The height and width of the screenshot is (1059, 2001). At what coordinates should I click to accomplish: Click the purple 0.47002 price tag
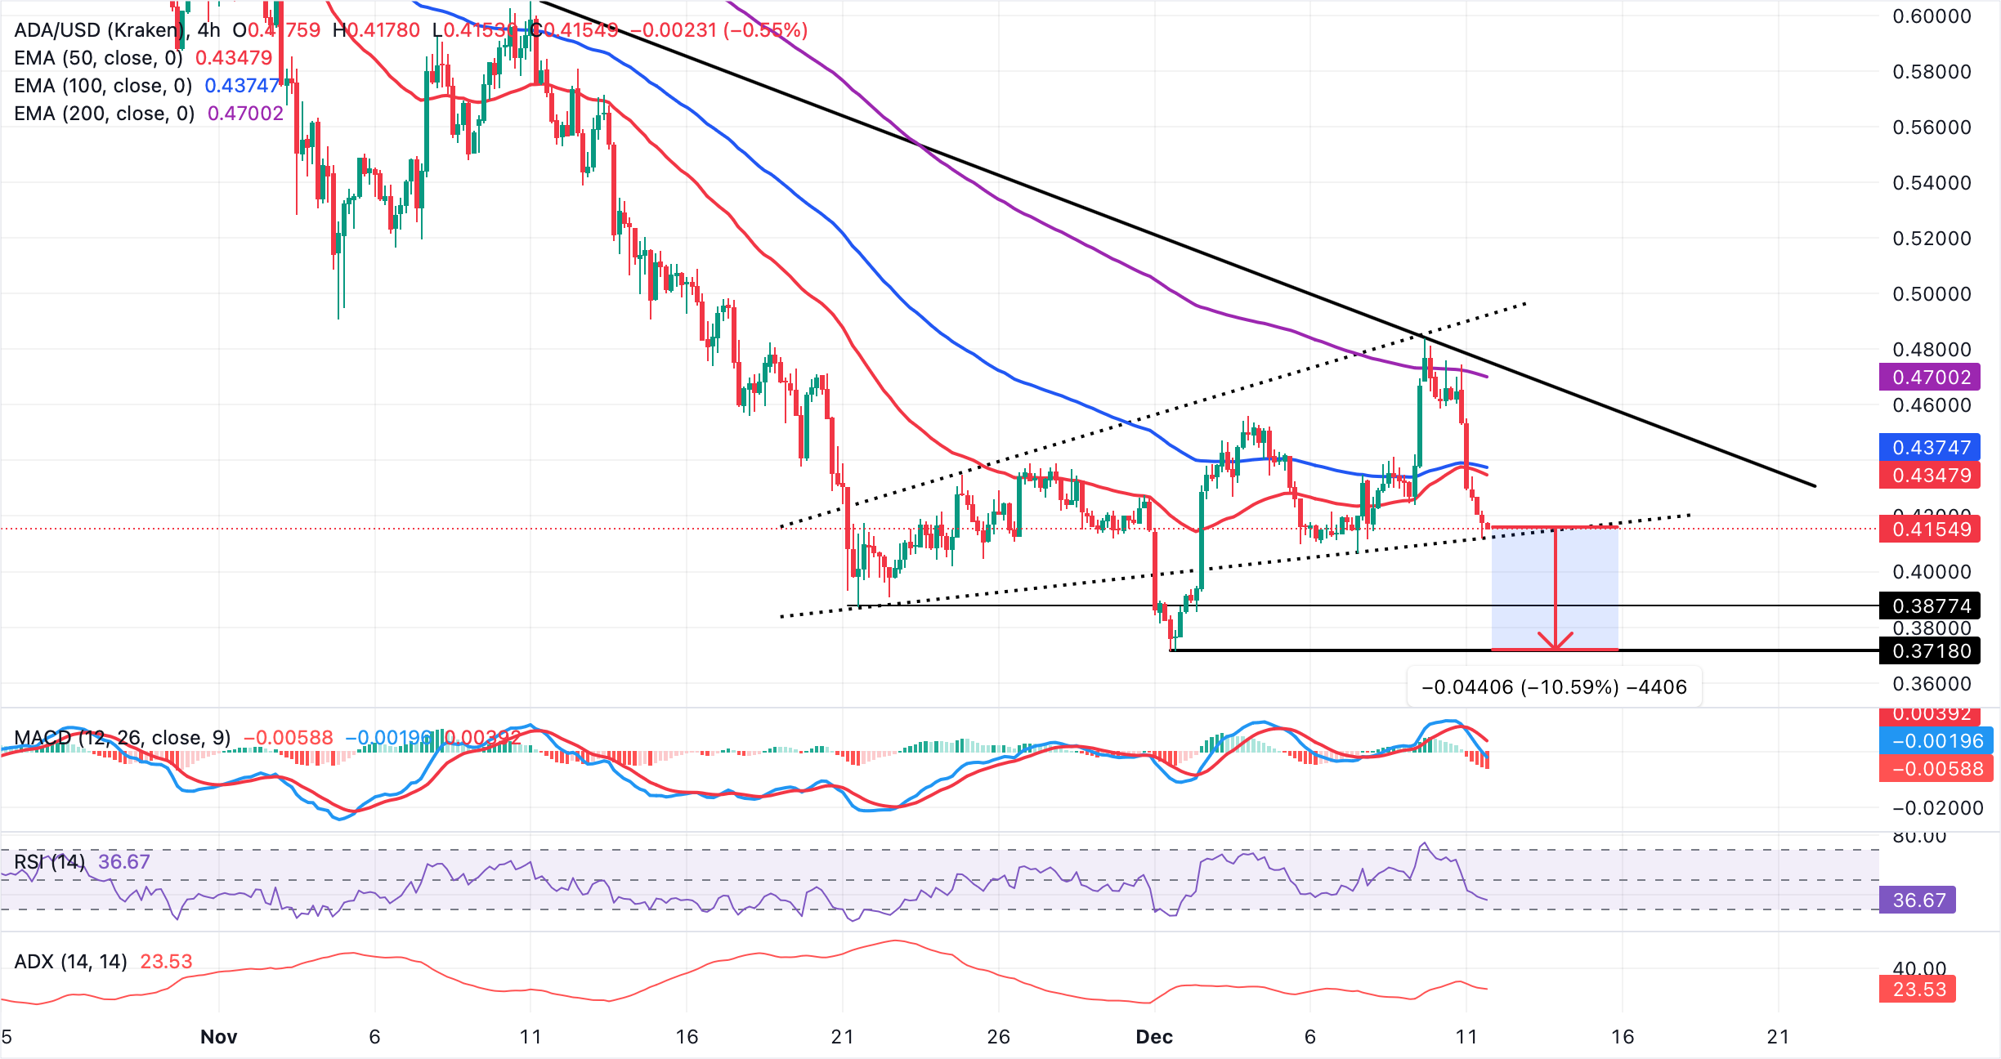click(1930, 377)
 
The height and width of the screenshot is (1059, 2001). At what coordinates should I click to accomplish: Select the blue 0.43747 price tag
click(1930, 447)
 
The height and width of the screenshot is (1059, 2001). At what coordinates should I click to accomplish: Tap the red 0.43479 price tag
click(1930, 475)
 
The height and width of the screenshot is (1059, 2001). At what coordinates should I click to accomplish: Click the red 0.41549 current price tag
click(1930, 529)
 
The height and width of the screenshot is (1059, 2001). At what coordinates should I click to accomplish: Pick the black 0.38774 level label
click(1930, 605)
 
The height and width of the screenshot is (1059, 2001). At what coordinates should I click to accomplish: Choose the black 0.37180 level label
click(1930, 650)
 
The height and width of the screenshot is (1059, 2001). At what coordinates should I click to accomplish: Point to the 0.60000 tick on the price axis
click(1932, 16)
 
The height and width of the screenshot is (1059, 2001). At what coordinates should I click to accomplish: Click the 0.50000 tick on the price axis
click(1932, 293)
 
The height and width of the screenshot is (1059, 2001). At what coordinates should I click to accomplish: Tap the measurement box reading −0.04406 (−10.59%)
click(1554, 686)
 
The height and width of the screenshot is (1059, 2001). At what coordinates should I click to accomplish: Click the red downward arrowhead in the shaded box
click(1555, 641)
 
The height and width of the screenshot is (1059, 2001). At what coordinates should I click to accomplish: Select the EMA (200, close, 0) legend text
click(104, 114)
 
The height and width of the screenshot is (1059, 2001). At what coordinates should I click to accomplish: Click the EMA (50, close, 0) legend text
click(98, 58)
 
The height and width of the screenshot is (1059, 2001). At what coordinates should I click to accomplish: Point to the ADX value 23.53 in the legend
click(166, 961)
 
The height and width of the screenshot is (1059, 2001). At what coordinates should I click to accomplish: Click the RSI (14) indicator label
click(49, 861)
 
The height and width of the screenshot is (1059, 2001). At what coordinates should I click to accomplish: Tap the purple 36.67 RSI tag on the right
click(1918, 900)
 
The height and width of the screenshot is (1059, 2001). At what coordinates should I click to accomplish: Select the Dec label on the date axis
click(1153, 1036)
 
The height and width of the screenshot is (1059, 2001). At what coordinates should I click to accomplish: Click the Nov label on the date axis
click(218, 1036)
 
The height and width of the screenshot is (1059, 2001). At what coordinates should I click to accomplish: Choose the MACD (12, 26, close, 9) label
click(123, 737)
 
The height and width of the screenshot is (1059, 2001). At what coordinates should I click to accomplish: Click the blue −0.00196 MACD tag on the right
click(1936, 740)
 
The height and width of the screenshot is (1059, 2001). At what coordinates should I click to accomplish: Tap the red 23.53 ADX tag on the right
click(1918, 989)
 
